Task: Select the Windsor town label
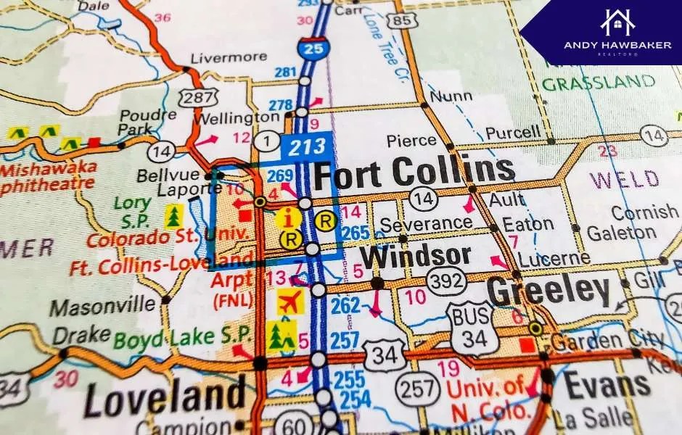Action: pyautogui.click(x=415, y=256)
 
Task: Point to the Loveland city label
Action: pyautogui.click(x=165, y=397)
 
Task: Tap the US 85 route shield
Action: pyautogui.click(x=402, y=20)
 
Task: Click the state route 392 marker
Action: pyautogui.click(x=445, y=279)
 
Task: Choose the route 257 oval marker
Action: pyautogui.click(x=419, y=389)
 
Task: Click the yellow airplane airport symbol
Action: pyautogui.click(x=289, y=301)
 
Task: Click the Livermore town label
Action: pyautogui.click(x=228, y=57)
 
